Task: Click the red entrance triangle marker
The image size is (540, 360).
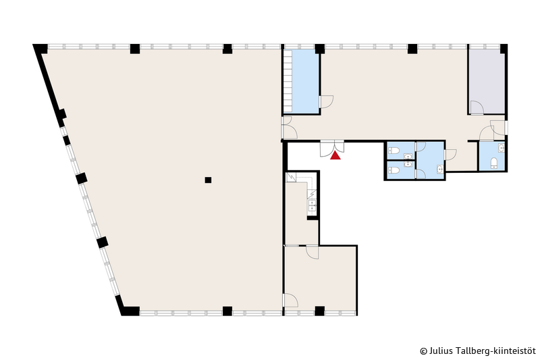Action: tap(335, 156)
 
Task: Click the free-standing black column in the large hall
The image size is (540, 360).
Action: tap(208, 180)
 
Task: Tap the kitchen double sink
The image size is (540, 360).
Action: tap(312, 205)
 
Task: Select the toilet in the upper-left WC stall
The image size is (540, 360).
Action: tap(394, 151)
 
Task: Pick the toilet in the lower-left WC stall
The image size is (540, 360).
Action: tap(394, 170)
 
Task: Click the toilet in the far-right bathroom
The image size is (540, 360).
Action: tap(494, 163)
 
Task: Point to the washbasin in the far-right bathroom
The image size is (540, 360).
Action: tap(502, 148)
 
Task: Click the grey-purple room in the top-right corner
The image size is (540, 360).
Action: tap(486, 82)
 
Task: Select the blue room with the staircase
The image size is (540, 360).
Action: tap(301, 81)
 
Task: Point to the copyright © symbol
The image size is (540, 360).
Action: tap(424, 351)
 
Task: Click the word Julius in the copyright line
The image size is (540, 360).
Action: tap(437, 351)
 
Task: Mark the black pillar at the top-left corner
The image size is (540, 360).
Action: tap(40, 49)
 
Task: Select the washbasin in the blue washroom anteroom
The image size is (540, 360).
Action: tap(440, 169)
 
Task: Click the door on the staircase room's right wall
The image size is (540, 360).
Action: tap(327, 102)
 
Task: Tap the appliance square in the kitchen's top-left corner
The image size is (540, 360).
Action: tap(291, 178)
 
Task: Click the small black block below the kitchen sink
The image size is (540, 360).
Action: tap(313, 217)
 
